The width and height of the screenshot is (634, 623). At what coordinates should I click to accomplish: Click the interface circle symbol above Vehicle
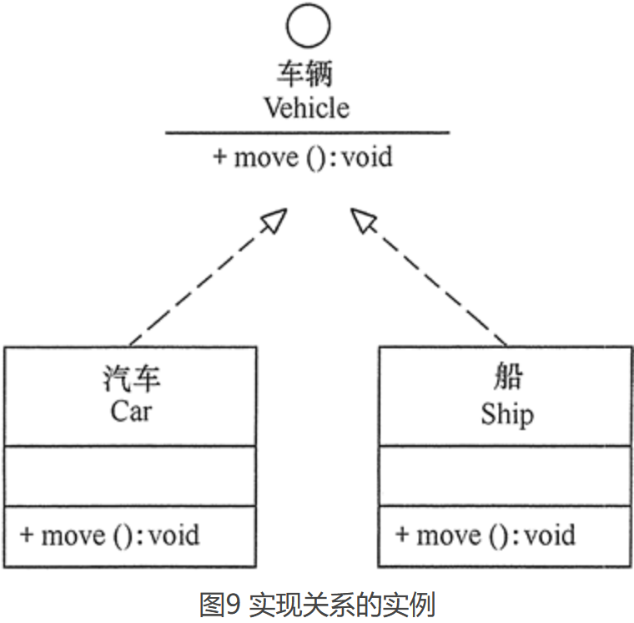(308, 25)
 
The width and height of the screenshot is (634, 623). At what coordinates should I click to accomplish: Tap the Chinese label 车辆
(305, 73)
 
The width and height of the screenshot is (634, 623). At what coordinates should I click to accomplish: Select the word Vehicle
(307, 108)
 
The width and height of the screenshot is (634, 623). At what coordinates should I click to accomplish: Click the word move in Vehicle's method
(265, 157)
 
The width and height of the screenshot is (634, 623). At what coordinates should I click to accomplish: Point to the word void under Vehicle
(367, 157)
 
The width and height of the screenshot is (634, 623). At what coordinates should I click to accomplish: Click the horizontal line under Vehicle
(307, 133)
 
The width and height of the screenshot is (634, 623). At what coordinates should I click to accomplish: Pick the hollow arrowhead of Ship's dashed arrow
(364, 221)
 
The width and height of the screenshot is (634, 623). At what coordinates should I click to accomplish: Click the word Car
(132, 412)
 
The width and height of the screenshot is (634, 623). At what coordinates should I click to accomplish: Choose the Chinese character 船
(506, 377)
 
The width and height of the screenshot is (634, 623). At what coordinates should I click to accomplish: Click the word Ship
(506, 413)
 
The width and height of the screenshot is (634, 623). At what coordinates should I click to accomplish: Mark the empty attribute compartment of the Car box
(130, 475)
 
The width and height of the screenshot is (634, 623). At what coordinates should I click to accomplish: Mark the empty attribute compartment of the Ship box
(506, 475)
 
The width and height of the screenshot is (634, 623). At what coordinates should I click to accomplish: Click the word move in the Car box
(73, 534)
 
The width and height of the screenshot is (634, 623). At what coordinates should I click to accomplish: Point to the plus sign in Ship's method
(403, 534)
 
